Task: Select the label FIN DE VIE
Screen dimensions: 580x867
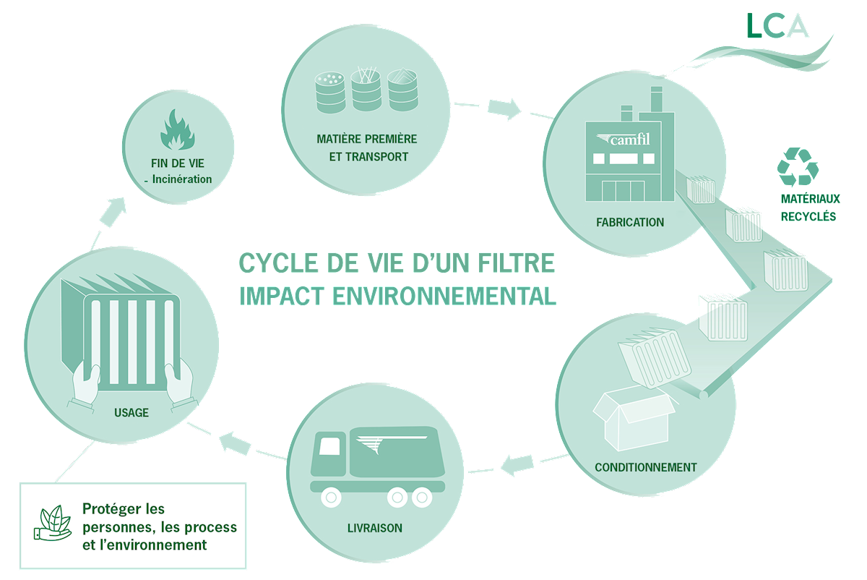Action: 177,163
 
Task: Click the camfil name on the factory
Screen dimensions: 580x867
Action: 627,139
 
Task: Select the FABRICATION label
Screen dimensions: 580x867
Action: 629,222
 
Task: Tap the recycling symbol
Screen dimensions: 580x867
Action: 798,166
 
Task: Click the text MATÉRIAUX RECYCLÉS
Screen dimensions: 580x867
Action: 808,207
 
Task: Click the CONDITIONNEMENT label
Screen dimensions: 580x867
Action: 645,467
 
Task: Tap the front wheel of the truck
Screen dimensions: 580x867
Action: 330,498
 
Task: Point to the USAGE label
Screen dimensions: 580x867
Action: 131,413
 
